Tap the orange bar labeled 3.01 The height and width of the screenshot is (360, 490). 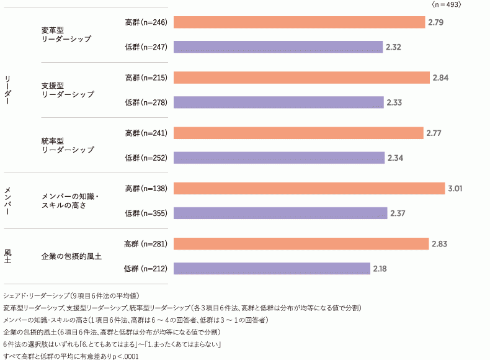tap(309, 188)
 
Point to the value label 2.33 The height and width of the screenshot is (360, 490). tap(394, 102)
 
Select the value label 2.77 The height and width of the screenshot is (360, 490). tap(435, 133)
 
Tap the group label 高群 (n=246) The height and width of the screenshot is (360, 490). tap(146, 22)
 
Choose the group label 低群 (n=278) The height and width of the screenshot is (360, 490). tap(146, 102)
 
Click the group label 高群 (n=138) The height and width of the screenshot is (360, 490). tap(146, 188)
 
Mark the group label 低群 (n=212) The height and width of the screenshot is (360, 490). tap(146, 269)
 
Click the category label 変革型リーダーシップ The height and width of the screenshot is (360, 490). tap(66, 34)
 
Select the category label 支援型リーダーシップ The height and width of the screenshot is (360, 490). tap(68, 89)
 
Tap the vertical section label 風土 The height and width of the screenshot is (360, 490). tap(8, 256)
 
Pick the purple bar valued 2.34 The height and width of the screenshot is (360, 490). tap(279, 158)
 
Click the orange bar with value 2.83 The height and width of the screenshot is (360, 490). tap(301, 244)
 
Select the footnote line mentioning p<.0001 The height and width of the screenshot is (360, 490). tap(71, 356)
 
